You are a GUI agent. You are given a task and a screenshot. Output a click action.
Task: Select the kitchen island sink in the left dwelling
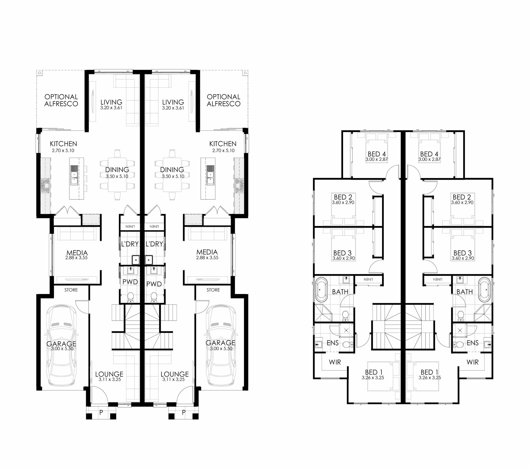(x=74, y=175)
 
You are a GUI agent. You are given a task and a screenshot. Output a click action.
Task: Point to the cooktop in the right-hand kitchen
(x=239, y=186)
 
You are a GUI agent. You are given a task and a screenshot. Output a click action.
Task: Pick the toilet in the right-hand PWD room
(x=154, y=298)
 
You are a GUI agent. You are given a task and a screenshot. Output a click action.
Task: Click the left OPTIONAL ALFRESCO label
(x=61, y=100)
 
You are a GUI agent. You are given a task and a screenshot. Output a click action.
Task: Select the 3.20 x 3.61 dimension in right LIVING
(x=173, y=108)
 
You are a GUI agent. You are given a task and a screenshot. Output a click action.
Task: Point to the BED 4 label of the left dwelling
(x=376, y=154)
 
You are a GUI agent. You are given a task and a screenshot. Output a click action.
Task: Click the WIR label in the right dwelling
(x=473, y=362)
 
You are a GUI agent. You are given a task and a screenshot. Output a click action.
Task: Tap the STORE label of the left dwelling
(x=71, y=290)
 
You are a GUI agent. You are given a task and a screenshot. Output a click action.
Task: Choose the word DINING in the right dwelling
(x=172, y=170)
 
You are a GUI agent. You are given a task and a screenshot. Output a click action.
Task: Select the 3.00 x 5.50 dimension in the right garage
(x=221, y=348)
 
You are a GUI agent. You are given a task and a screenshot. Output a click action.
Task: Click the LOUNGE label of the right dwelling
(x=174, y=374)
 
